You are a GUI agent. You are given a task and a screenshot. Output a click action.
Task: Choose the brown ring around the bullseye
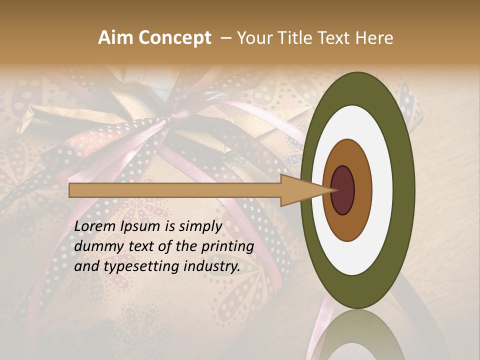(x=362, y=190)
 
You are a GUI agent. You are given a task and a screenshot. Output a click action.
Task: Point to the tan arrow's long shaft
(x=175, y=190)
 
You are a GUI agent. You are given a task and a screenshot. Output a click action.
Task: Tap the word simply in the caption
(x=199, y=226)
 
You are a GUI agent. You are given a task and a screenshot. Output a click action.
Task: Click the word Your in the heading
(x=253, y=38)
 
